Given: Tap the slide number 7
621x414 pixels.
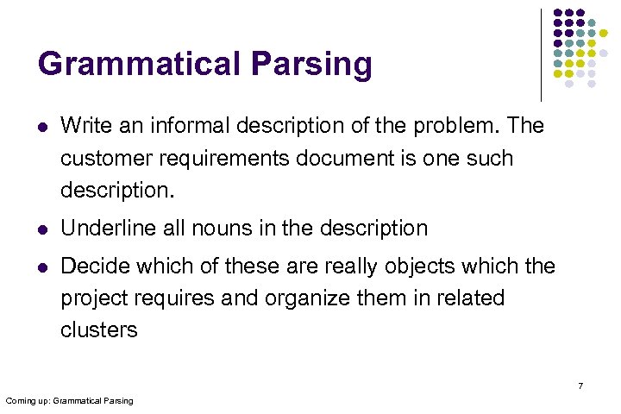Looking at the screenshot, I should pyautogui.click(x=580, y=386).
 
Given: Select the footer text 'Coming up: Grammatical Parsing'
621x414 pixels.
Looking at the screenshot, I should pyautogui.click(x=69, y=401).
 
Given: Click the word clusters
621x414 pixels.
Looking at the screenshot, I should pyautogui.click(x=98, y=330).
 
